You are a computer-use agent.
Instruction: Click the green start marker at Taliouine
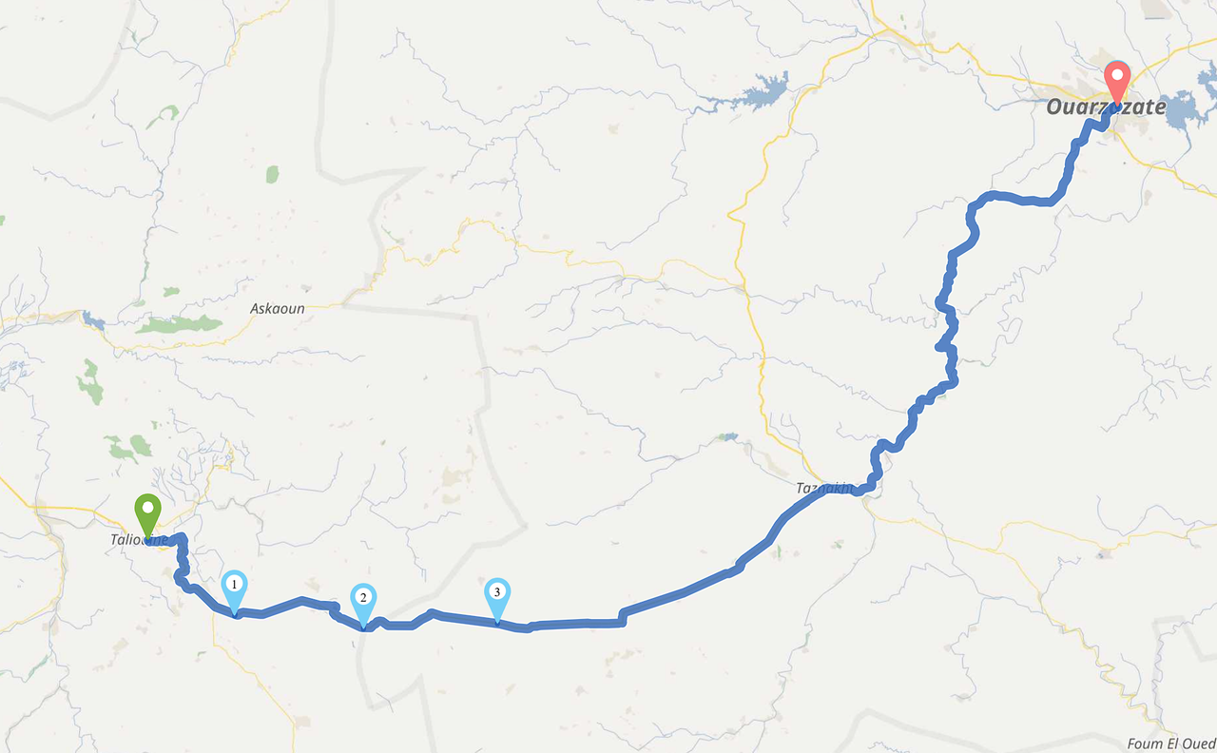click(x=146, y=514)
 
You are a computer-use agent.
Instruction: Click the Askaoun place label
click(x=278, y=309)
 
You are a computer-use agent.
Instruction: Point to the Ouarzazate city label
click(x=1106, y=107)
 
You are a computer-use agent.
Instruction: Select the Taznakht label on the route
click(x=823, y=489)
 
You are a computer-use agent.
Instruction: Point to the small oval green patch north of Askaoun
click(x=273, y=174)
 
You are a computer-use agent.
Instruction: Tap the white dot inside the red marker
click(x=1116, y=73)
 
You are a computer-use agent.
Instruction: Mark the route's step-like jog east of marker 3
click(x=622, y=617)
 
